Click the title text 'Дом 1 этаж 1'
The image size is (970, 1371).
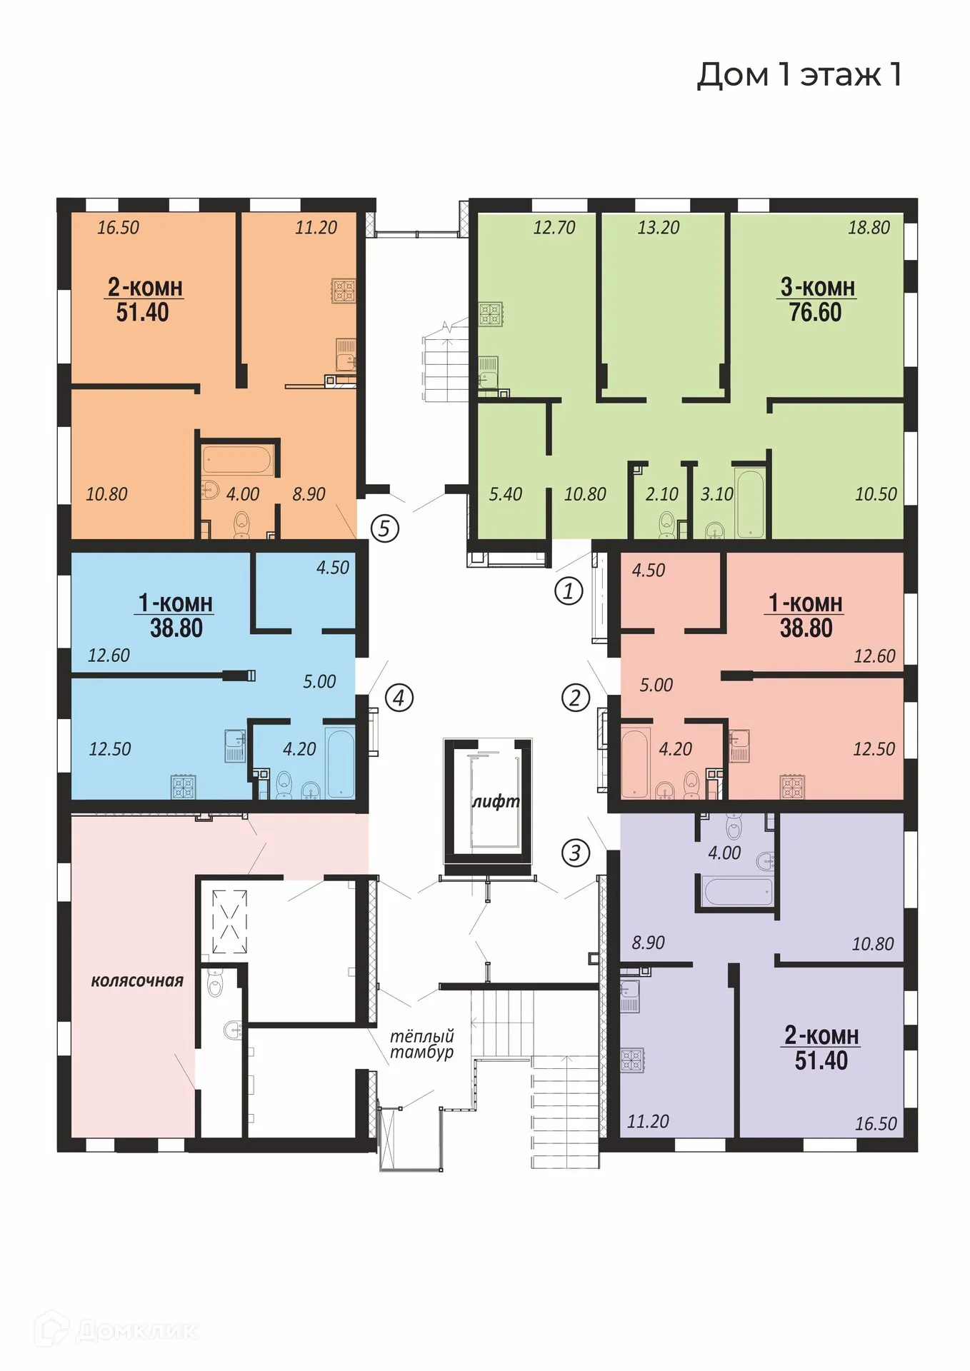click(x=799, y=75)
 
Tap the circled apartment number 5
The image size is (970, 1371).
click(x=384, y=528)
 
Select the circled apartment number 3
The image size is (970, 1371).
click(x=575, y=852)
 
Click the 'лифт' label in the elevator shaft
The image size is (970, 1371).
click(x=495, y=801)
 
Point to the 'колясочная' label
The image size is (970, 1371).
click(x=137, y=981)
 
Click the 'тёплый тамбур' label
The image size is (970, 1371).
click(x=422, y=1044)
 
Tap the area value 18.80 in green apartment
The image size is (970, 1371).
click(x=869, y=228)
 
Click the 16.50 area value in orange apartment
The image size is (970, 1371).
click(x=119, y=228)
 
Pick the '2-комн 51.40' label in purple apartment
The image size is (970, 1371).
click(x=821, y=1048)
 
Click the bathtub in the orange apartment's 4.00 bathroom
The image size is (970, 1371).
click(x=236, y=461)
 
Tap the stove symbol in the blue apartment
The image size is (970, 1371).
click(x=184, y=787)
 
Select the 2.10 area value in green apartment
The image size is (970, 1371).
click(x=661, y=494)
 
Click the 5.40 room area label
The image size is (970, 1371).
click(x=506, y=494)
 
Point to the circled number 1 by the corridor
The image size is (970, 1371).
click(x=569, y=591)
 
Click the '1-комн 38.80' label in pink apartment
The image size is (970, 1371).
click(x=806, y=616)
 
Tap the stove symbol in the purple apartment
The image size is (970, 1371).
click(x=632, y=1060)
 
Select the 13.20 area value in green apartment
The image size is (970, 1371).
click(x=658, y=228)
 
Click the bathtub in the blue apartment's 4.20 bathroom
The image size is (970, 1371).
click(x=340, y=762)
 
